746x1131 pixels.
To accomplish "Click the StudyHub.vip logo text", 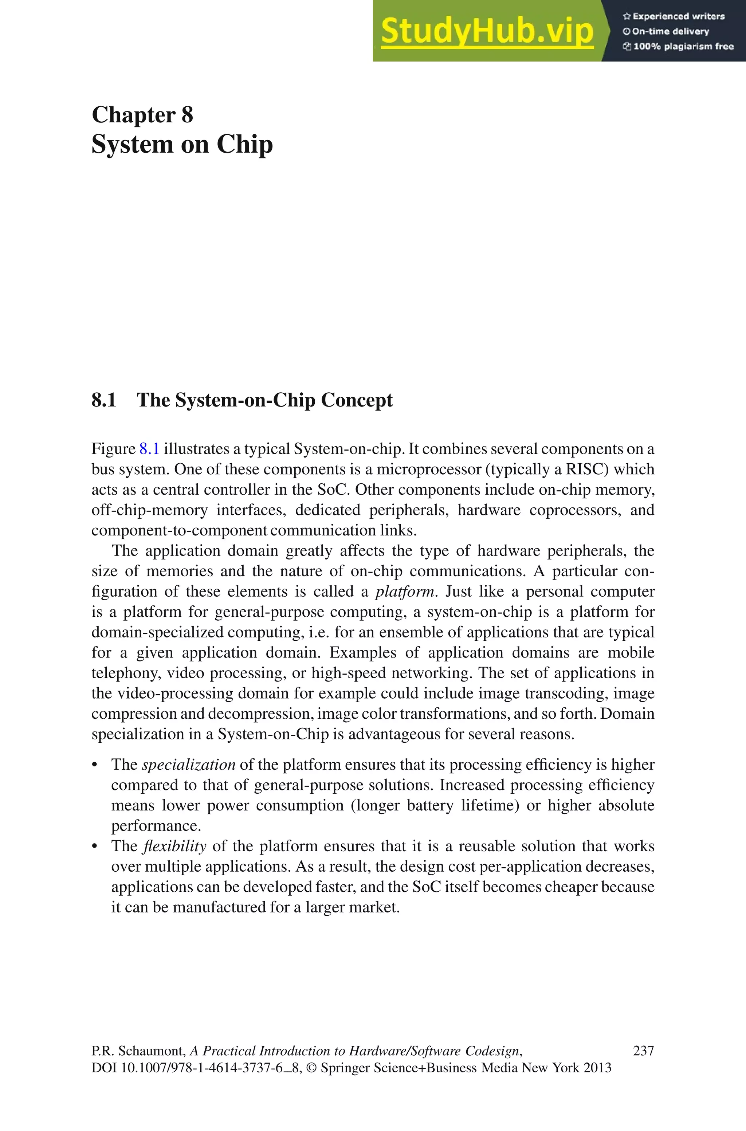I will click(487, 31).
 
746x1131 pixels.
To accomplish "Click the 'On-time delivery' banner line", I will click(666, 31).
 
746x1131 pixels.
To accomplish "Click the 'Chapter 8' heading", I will click(142, 115).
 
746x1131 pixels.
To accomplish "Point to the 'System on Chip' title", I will click(182, 144).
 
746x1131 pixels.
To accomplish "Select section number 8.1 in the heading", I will click(104, 400).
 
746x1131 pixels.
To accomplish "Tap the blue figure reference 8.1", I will click(149, 449).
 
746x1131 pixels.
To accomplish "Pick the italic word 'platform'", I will click(405, 592).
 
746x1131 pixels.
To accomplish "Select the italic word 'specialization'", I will click(189, 765).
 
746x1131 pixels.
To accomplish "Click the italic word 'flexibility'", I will click(174, 846).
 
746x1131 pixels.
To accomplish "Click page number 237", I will click(643, 1051).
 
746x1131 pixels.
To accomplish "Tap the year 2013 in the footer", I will click(597, 1068).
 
